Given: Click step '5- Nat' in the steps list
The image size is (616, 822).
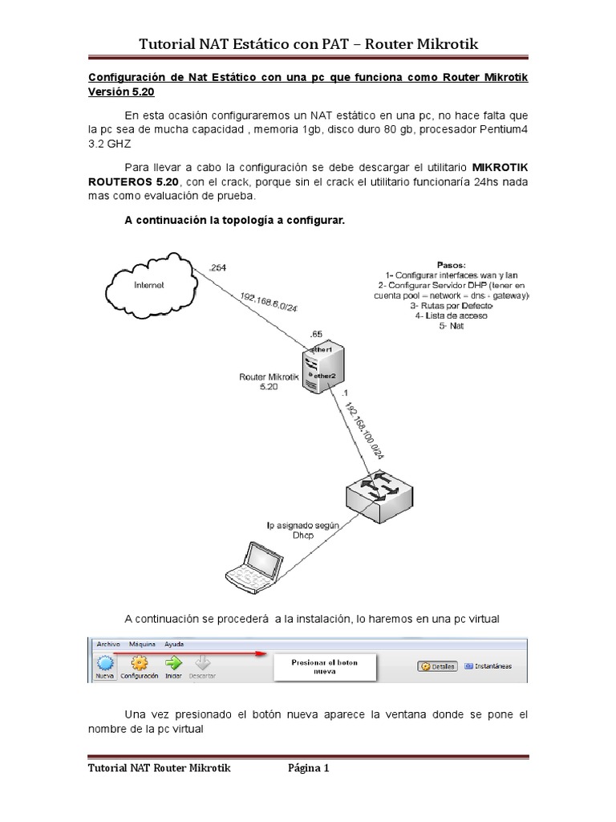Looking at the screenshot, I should tap(452, 327).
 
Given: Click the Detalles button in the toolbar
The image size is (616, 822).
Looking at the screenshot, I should tap(436, 666).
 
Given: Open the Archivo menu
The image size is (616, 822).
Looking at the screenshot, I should tap(108, 644).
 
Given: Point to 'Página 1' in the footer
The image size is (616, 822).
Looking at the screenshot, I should tap(308, 768).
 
